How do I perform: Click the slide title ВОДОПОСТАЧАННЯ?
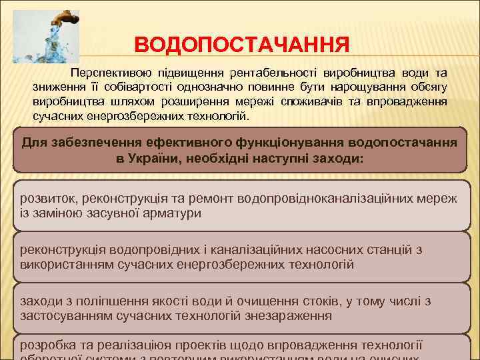click(241, 46)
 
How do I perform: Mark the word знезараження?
click(289, 316)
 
